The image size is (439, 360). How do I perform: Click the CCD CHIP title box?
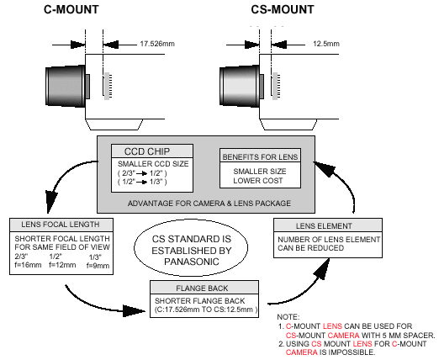point(151,151)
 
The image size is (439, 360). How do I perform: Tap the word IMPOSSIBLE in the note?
point(344,353)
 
